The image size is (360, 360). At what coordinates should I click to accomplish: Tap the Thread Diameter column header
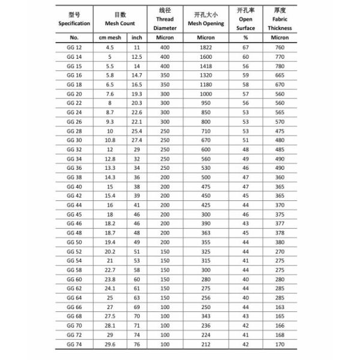point(165,19)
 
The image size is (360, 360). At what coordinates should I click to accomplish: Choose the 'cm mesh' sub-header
point(110,37)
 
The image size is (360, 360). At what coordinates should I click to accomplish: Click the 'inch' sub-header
point(137,37)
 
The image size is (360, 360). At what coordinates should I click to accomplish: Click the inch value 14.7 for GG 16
point(137,75)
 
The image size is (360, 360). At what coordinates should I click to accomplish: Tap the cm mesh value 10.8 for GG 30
point(110,139)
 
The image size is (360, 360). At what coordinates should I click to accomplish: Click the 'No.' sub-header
point(74,37)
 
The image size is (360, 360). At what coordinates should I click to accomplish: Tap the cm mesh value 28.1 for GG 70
point(110,326)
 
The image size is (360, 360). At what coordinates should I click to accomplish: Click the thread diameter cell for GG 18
point(165,84)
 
